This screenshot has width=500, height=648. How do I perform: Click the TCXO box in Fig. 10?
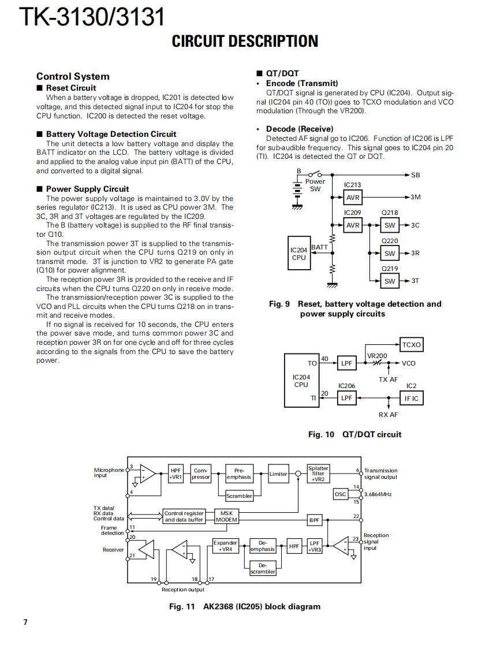click(411, 345)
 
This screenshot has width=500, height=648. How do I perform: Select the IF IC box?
click(411, 398)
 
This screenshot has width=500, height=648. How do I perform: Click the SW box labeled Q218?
click(390, 225)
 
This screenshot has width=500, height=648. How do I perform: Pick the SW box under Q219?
click(390, 281)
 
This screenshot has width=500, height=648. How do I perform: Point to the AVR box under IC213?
click(353, 198)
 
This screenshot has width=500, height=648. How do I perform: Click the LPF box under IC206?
click(346, 398)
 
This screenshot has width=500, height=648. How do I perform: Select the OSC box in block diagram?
click(341, 494)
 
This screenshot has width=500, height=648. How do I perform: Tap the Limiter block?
click(278, 474)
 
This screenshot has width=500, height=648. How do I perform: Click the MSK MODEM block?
click(226, 516)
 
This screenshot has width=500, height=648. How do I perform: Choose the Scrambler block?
click(239, 496)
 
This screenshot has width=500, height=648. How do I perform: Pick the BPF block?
click(314, 520)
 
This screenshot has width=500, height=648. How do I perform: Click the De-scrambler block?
click(263, 568)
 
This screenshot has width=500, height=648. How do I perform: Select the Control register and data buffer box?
click(184, 516)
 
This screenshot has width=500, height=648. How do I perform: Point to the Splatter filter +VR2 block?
click(318, 474)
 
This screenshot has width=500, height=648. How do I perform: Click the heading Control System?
click(73, 76)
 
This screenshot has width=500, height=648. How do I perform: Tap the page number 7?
click(25, 621)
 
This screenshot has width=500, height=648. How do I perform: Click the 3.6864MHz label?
click(378, 494)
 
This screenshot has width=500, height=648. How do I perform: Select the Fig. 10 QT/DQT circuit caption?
click(355, 434)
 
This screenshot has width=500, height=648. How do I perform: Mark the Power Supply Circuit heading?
click(87, 189)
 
